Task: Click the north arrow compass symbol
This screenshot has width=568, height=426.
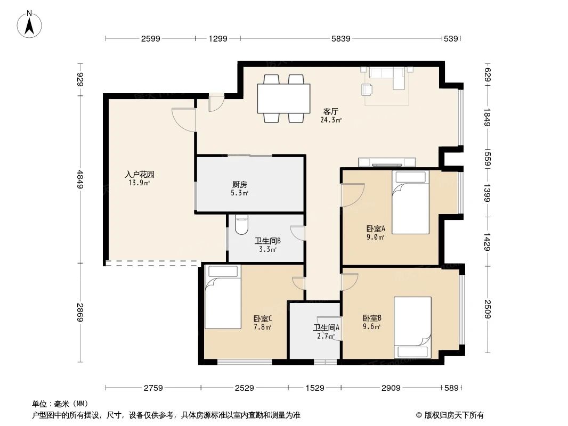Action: (29, 24)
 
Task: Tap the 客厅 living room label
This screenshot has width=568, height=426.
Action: (331, 111)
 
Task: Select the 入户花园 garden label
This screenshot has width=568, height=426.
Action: (140, 175)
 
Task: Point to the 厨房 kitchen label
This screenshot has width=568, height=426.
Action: (240, 185)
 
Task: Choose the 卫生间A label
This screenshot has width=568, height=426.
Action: (327, 328)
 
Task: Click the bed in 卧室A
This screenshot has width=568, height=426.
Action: (410, 202)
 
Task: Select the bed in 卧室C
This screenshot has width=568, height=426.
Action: (223, 297)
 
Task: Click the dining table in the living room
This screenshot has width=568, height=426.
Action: (283, 99)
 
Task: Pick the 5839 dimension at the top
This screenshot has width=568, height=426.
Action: (341, 38)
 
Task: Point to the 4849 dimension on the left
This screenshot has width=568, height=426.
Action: (80, 179)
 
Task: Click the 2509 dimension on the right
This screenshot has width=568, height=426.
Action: (488, 309)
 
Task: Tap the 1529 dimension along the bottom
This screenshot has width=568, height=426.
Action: (315, 388)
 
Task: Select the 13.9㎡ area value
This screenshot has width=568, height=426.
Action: (140, 183)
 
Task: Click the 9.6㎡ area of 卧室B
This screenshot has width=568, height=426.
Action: (372, 327)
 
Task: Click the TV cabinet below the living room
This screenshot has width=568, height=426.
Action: (387, 162)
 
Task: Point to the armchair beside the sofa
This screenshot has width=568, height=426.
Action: (367, 89)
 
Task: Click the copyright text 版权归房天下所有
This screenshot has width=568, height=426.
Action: (453, 415)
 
